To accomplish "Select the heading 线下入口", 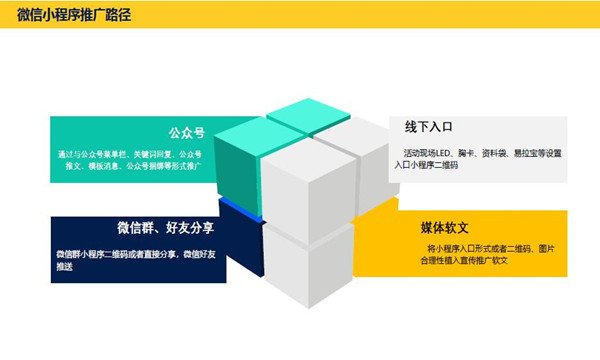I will pyautogui.click(x=429, y=128).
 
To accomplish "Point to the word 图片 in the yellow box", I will pyautogui.click(x=545, y=247).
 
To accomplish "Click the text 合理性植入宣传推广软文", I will pyautogui.click(x=464, y=260).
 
